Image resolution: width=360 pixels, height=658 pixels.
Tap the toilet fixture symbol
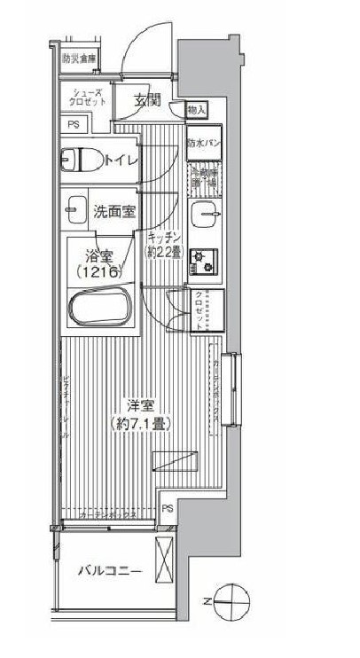[x=80, y=160]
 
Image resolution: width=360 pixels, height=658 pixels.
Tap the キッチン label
[x=164, y=237]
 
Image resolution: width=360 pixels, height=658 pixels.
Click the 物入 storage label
[x=197, y=110]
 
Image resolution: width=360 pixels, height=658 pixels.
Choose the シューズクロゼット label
[x=86, y=98]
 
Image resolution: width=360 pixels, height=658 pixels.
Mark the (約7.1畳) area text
[x=140, y=423]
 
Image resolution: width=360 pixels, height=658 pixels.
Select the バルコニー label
[x=109, y=570]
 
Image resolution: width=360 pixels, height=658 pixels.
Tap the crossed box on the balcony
[x=165, y=560]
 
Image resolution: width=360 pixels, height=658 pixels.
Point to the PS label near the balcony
[x=168, y=508]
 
